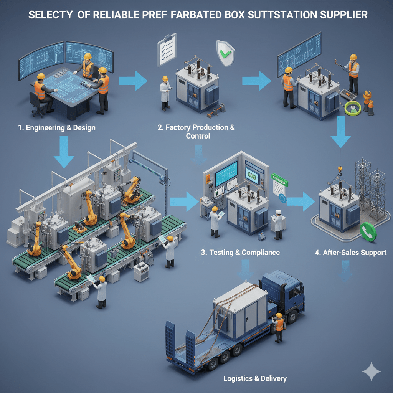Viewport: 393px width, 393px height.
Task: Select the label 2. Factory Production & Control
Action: tap(196, 131)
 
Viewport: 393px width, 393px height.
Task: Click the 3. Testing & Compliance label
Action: tap(240, 252)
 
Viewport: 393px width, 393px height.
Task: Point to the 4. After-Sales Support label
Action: tap(350, 252)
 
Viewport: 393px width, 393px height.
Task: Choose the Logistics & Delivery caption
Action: tap(255, 378)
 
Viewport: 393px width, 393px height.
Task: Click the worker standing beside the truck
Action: tap(279, 327)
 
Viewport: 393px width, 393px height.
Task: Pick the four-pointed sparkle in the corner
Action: tap(371, 372)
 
